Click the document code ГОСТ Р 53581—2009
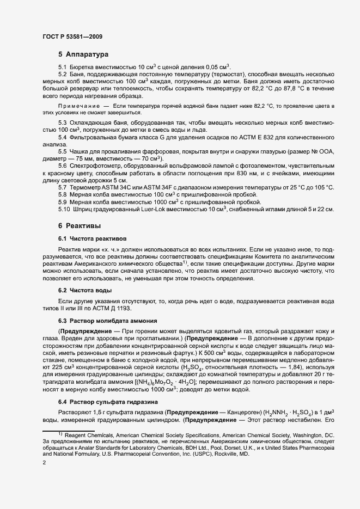[72, 36]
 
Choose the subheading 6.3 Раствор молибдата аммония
[108, 321]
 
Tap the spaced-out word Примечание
[78, 105]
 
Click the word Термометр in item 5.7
[87, 187]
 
